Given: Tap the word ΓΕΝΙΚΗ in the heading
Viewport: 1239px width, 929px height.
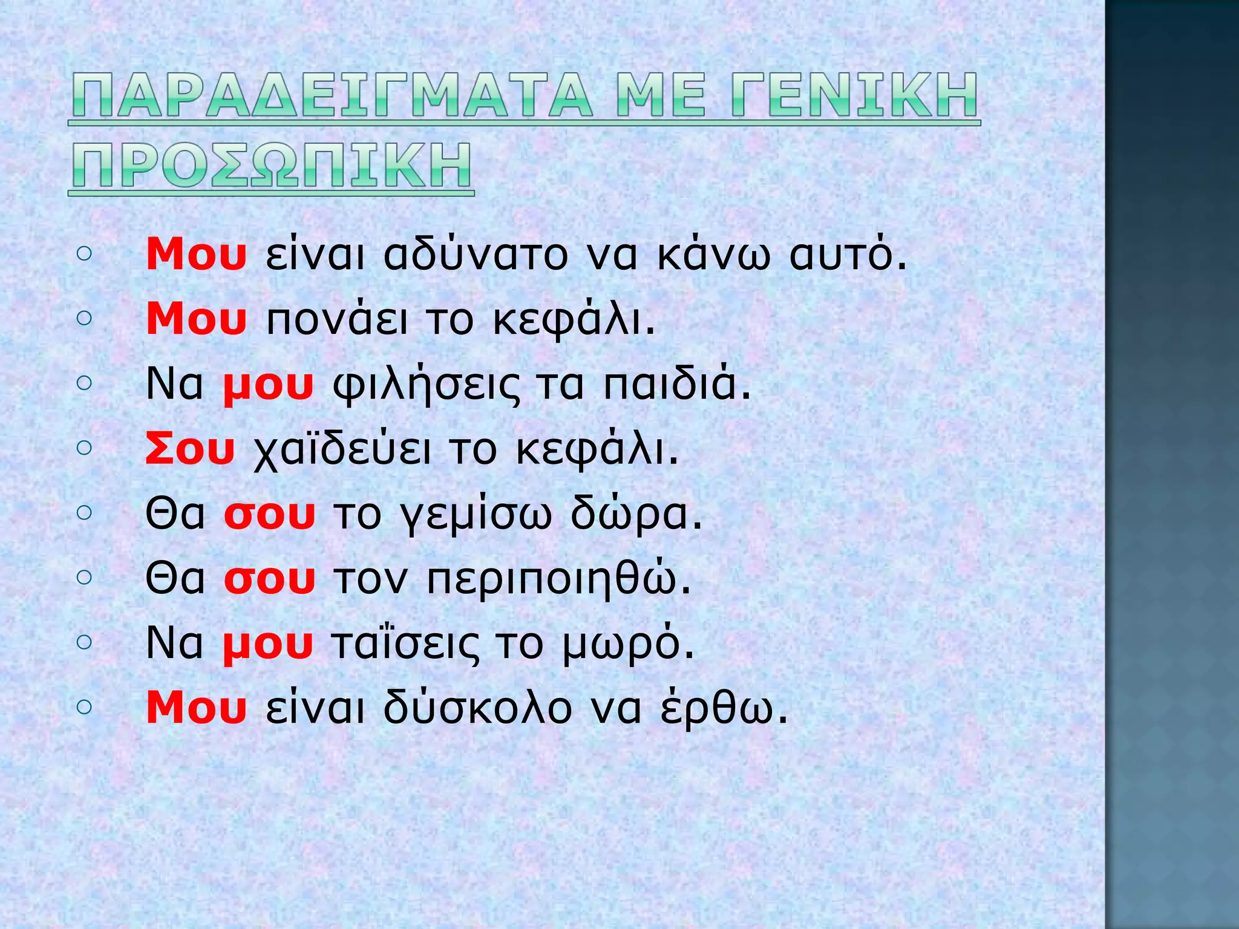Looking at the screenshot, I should pos(854,96).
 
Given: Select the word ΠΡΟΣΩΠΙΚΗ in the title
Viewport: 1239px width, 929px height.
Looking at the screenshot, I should pos(271,165).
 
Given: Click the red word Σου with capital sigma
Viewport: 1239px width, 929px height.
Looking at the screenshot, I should pos(190,450).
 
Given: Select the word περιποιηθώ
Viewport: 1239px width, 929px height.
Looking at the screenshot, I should pos(559,581).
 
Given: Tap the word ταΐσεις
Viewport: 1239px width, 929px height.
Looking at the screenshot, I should pos(405,645).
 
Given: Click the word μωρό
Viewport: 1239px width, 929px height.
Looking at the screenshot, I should pos(628,646).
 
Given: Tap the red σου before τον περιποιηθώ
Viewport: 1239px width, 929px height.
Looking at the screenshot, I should pos(270,581).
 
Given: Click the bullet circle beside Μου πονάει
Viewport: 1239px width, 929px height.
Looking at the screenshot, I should pos(85,318).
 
